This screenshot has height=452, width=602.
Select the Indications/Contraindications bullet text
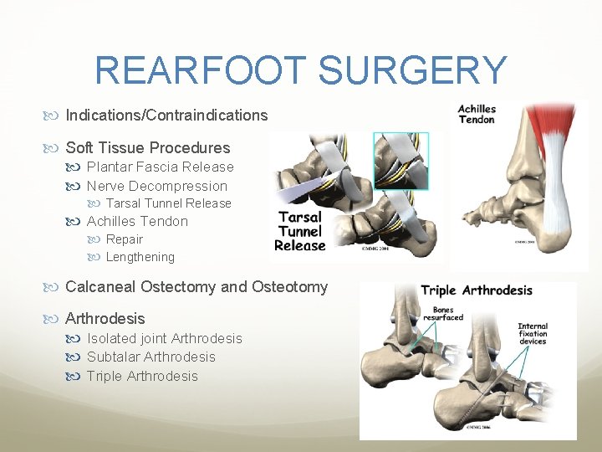point(166,116)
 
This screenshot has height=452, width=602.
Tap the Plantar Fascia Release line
point(160,167)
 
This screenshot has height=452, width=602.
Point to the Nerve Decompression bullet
point(156,186)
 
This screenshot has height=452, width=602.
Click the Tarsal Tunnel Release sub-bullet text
point(168,203)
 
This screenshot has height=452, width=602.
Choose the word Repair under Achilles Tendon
point(125,239)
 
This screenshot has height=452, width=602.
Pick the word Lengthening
point(140,257)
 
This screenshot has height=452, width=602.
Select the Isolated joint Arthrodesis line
point(164,339)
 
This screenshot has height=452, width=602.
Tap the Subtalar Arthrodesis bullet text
point(150,357)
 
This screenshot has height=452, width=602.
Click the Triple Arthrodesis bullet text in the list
point(142,377)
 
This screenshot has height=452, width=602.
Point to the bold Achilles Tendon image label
point(477,115)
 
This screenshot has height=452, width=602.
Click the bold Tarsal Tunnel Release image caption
point(300,231)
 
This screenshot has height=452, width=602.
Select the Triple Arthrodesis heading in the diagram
point(476,291)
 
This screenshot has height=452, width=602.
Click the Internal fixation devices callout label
point(533,334)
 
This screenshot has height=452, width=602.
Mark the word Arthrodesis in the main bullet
point(105,319)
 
